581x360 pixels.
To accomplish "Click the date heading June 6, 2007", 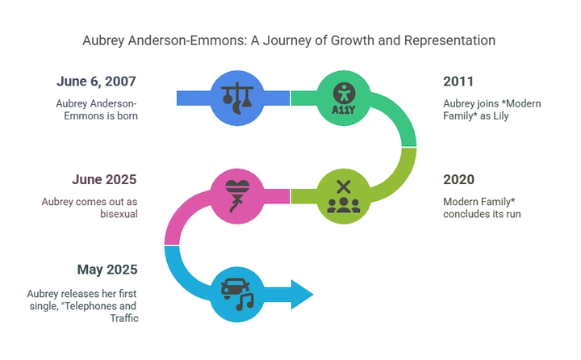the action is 96,82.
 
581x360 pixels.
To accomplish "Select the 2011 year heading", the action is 458,82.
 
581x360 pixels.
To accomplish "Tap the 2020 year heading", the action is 458,179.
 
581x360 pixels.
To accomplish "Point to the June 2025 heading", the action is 104,179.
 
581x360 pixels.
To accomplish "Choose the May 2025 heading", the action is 107,270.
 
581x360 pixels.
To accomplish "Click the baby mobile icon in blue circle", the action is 237,98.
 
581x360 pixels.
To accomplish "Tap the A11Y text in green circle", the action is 344,110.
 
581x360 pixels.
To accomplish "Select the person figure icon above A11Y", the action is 344,93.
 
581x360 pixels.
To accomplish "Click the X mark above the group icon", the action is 344,186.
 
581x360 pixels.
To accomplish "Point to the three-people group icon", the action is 344,205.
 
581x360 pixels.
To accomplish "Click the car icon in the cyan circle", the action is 235,287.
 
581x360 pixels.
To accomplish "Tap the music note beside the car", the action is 245,301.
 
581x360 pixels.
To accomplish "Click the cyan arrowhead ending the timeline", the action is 302,295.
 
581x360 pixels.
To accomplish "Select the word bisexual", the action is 119,214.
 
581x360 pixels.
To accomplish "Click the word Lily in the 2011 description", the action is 501,116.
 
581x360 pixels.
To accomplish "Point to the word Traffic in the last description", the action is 124,318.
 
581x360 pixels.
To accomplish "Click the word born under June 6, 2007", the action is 127,115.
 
